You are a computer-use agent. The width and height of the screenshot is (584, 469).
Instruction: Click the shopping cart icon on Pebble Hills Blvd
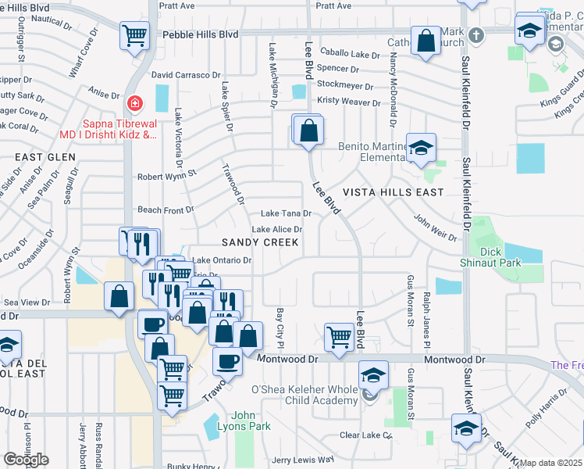click(x=134, y=35)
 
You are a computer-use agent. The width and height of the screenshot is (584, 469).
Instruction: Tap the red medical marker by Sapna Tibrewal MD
click(x=135, y=103)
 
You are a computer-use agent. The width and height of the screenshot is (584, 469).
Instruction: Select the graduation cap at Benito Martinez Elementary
click(x=421, y=149)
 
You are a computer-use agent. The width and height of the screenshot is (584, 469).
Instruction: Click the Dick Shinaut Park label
click(x=490, y=258)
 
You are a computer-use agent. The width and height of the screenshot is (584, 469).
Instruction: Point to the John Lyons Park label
click(x=244, y=421)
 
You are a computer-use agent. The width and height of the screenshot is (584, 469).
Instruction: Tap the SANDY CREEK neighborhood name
click(x=260, y=243)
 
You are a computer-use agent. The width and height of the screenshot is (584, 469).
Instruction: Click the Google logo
click(x=26, y=460)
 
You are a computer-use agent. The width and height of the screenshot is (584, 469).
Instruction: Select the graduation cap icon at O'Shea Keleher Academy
click(x=373, y=376)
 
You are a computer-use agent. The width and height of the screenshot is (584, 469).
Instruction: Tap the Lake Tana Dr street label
click(x=286, y=213)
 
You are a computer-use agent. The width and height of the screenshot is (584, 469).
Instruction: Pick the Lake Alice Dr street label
click(x=276, y=229)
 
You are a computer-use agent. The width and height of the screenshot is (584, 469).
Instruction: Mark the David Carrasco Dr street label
click(x=186, y=75)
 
